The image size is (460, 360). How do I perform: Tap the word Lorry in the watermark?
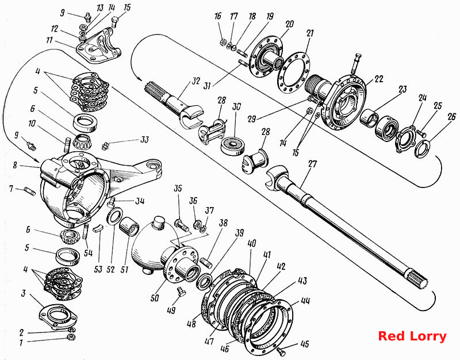(428, 337)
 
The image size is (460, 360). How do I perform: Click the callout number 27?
(313, 164)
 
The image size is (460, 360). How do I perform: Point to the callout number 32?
(195, 81)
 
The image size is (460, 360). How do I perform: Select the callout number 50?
(155, 298)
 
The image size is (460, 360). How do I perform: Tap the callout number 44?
(305, 301)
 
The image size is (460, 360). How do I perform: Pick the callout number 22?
(379, 79)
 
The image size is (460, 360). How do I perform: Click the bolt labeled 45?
(281, 351)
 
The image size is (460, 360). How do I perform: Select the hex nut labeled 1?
(71, 337)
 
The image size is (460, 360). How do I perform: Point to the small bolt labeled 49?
(181, 292)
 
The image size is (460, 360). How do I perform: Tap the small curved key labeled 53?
(98, 228)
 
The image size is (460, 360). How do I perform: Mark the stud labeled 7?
(30, 192)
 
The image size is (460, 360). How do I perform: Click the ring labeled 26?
(423, 149)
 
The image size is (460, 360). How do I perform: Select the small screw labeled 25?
(422, 134)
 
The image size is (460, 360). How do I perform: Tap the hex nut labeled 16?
(223, 41)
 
